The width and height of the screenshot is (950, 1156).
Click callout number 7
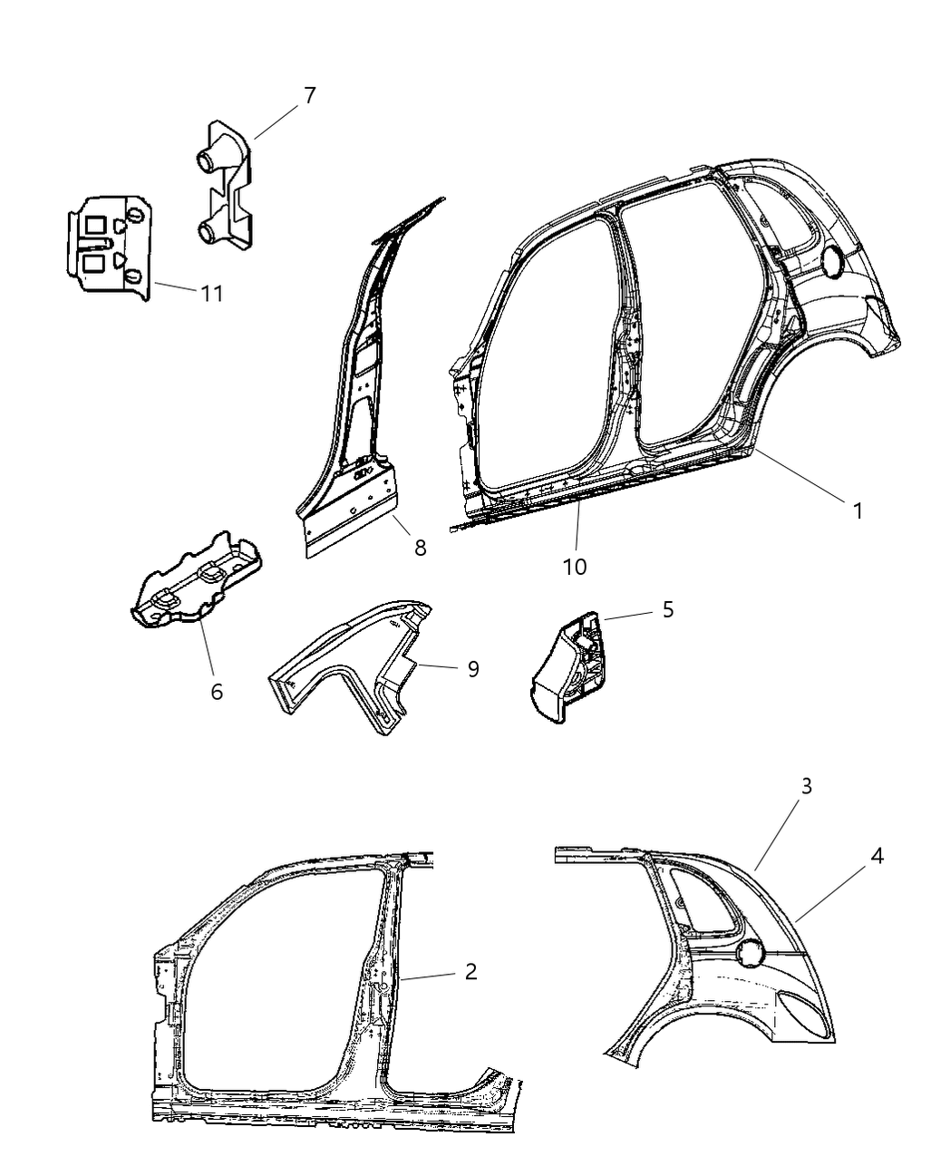[x=309, y=95]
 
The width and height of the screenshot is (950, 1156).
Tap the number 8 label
[x=420, y=548]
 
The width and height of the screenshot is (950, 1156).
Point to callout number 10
[x=574, y=567]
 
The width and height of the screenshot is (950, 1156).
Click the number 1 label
[x=857, y=510]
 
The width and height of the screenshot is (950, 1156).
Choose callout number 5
[x=667, y=609]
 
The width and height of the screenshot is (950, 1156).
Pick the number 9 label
[x=472, y=669]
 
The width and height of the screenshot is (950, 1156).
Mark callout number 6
[x=216, y=691]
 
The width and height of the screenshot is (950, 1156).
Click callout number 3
[x=805, y=786]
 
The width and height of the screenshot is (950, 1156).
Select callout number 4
[x=877, y=855]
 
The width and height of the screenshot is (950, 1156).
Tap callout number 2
[x=470, y=972]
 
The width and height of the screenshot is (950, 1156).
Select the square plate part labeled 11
[x=107, y=242]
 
